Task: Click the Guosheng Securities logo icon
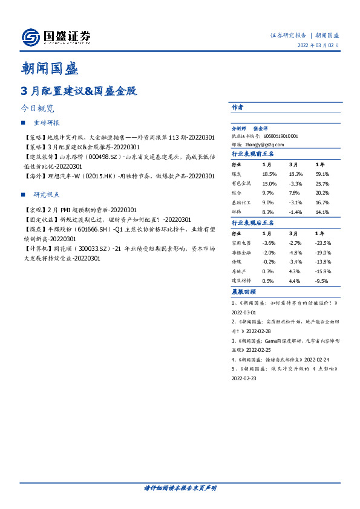31,37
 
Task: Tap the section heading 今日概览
38,109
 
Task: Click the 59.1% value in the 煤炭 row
322,173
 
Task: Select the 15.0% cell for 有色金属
269,183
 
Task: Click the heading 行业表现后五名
254,222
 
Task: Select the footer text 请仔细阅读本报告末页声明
180,488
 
